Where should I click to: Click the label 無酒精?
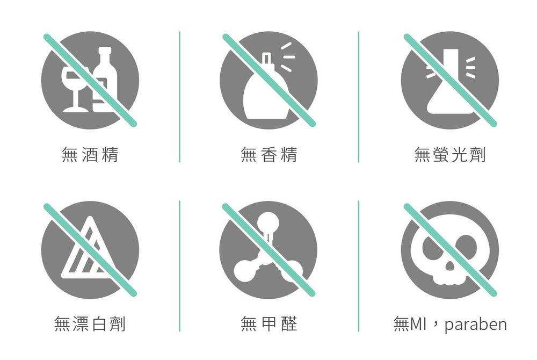coord(90,155)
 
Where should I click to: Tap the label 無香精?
coord(269,155)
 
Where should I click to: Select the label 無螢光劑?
coord(450,155)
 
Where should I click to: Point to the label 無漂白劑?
coord(90,323)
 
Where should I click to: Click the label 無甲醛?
coord(269,323)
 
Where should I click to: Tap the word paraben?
coord(475,325)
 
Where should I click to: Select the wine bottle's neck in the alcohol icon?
coord(105,56)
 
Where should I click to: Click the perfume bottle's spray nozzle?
coord(266,59)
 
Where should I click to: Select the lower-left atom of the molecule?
coord(244,271)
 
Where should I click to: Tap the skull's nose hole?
coord(450,266)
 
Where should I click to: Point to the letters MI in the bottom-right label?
coord(417,323)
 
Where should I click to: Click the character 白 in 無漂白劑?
coord(99,323)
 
